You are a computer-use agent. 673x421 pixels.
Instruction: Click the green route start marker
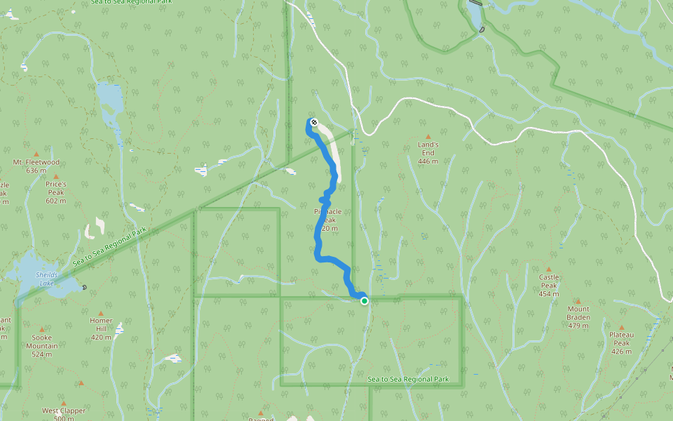pos(365,301)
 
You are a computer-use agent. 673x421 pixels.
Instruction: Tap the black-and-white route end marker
pos(313,122)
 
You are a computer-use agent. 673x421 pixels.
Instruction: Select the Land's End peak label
pos(428,149)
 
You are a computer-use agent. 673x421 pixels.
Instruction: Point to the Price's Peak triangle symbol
pos(55,176)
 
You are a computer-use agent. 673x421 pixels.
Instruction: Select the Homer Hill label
pos(101,325)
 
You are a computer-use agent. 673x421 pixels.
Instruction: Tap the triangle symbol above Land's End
pos(428,137)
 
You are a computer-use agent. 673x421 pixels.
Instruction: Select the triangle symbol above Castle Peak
pos(548,269)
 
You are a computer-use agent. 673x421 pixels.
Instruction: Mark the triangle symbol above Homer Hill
pos(101,313)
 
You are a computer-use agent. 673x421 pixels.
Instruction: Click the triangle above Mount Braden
pos(578,300)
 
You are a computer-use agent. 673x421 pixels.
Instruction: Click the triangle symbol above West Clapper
pos(81,383)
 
